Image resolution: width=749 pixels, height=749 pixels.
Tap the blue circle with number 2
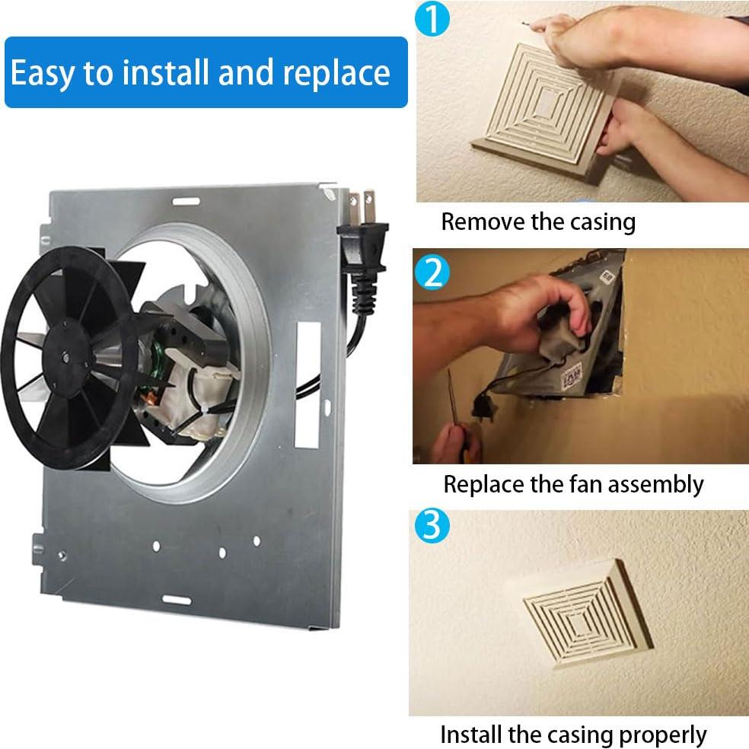point(432,272)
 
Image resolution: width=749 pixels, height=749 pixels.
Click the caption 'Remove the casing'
point(538,222)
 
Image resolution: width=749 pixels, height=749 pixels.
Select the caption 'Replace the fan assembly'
point(573,483)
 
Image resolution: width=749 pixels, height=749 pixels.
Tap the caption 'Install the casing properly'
point(573,735)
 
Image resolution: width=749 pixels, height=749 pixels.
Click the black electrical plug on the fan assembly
point(363,250)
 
